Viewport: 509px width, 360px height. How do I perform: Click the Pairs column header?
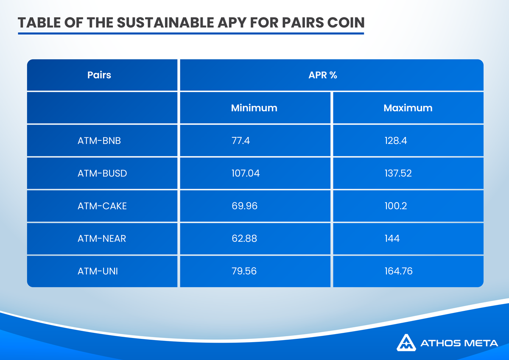(99, 75)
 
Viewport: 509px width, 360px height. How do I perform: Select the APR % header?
(323, 75)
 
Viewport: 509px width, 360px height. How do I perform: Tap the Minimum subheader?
(254, 108)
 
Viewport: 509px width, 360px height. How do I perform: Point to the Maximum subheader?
(408, 108)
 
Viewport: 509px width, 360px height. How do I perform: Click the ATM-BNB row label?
(99, 141)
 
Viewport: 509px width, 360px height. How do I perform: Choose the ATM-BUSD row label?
(102, 173)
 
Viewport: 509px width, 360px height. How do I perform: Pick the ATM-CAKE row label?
(102, 206)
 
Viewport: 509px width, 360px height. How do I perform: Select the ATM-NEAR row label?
(101, 238)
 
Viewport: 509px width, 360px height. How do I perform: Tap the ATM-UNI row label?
(98, 271)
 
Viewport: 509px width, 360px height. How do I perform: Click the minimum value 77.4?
(241, 141)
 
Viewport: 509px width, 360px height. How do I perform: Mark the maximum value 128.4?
(396, 141)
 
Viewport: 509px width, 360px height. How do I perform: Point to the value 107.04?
(246, 173)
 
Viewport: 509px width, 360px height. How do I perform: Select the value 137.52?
(398, 173)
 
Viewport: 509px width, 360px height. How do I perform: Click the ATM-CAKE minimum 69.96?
(244, 206)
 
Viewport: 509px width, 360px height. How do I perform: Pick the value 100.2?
(396, 206)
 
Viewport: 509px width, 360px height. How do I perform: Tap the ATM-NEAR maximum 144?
(392, 238)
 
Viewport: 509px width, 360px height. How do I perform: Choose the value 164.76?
(398, 271)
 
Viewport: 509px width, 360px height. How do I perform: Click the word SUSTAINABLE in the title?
(165, 23)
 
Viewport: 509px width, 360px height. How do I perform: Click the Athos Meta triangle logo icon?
(406, 343)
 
